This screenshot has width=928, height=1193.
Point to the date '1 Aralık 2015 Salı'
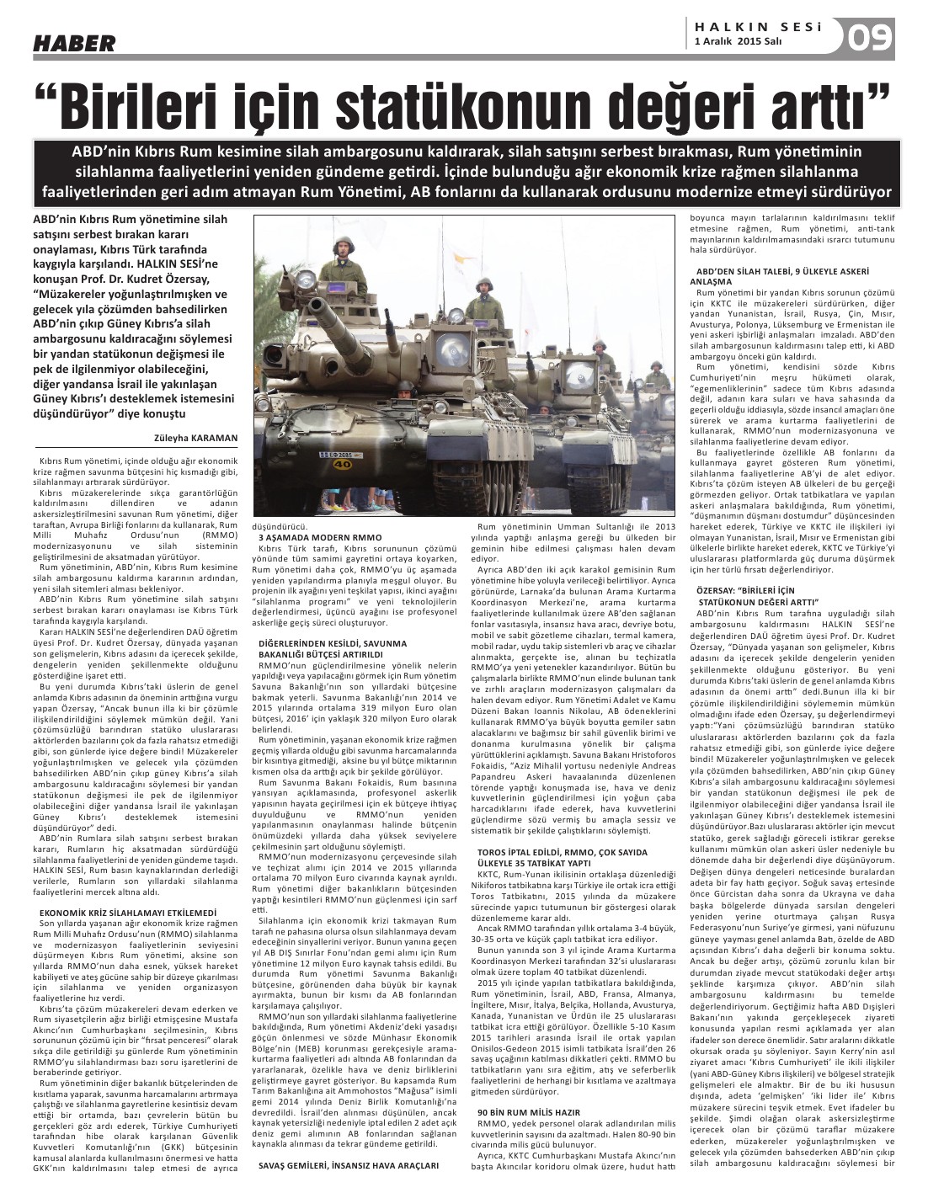pyautogui.click(x=739, y=40)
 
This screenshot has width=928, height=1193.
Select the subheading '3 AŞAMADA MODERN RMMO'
pyautogui.click(x=319, y=536)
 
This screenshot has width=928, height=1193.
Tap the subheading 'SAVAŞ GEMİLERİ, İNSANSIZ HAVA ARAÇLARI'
pyautogui.click(x=348, y=1164)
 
